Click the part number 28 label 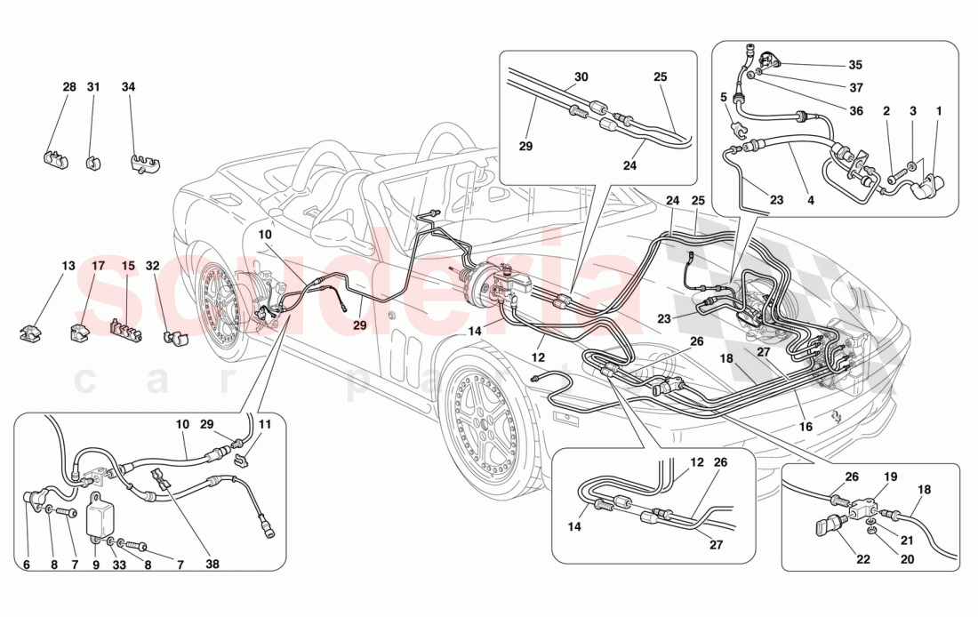[x=69, y=87]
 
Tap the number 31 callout [x=93, y=87]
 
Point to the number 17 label [x=98, y=266]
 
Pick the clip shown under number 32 [x=176, y=336]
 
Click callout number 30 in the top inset [x=581, y=77]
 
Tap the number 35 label [x=854, y=65]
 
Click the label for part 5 [x=724, y=97]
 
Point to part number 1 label [x=938, y=111]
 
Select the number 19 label [x=890, y=477]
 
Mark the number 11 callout [x=263, y=426]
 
